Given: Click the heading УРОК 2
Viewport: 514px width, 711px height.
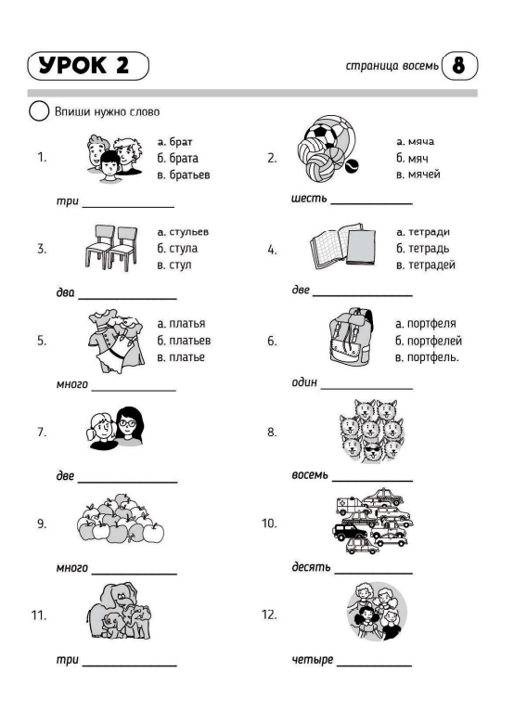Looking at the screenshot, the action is (84, 66).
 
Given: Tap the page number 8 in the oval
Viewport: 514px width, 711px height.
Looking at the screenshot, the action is (458, 65).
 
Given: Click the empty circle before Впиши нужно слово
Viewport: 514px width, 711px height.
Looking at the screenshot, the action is (39, 111).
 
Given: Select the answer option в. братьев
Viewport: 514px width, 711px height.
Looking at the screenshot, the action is (184, 175).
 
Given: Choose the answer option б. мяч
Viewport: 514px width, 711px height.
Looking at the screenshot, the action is (412, 158).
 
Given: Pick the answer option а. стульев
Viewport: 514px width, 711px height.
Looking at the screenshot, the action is (183, 232).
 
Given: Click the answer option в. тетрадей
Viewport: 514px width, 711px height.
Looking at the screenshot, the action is (425, 265).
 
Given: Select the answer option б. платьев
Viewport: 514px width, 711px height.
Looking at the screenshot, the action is (184, 341).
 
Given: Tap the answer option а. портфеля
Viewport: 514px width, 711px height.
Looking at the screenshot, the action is (426, 324).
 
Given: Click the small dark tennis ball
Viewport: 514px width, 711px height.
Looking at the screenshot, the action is (352, 166).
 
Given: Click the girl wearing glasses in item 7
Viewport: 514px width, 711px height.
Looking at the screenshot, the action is (129, 426).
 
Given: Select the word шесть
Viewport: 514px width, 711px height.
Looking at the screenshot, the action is (309, 198).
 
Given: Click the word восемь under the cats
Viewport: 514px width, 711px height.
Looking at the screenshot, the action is (310, 474).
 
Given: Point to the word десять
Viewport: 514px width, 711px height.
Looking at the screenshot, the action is (311, 567).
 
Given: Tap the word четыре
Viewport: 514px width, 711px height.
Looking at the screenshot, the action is (313, 659).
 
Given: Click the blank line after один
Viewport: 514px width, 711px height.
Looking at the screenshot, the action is (366, 389).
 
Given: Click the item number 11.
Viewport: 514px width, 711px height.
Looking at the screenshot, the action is (39, 615).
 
